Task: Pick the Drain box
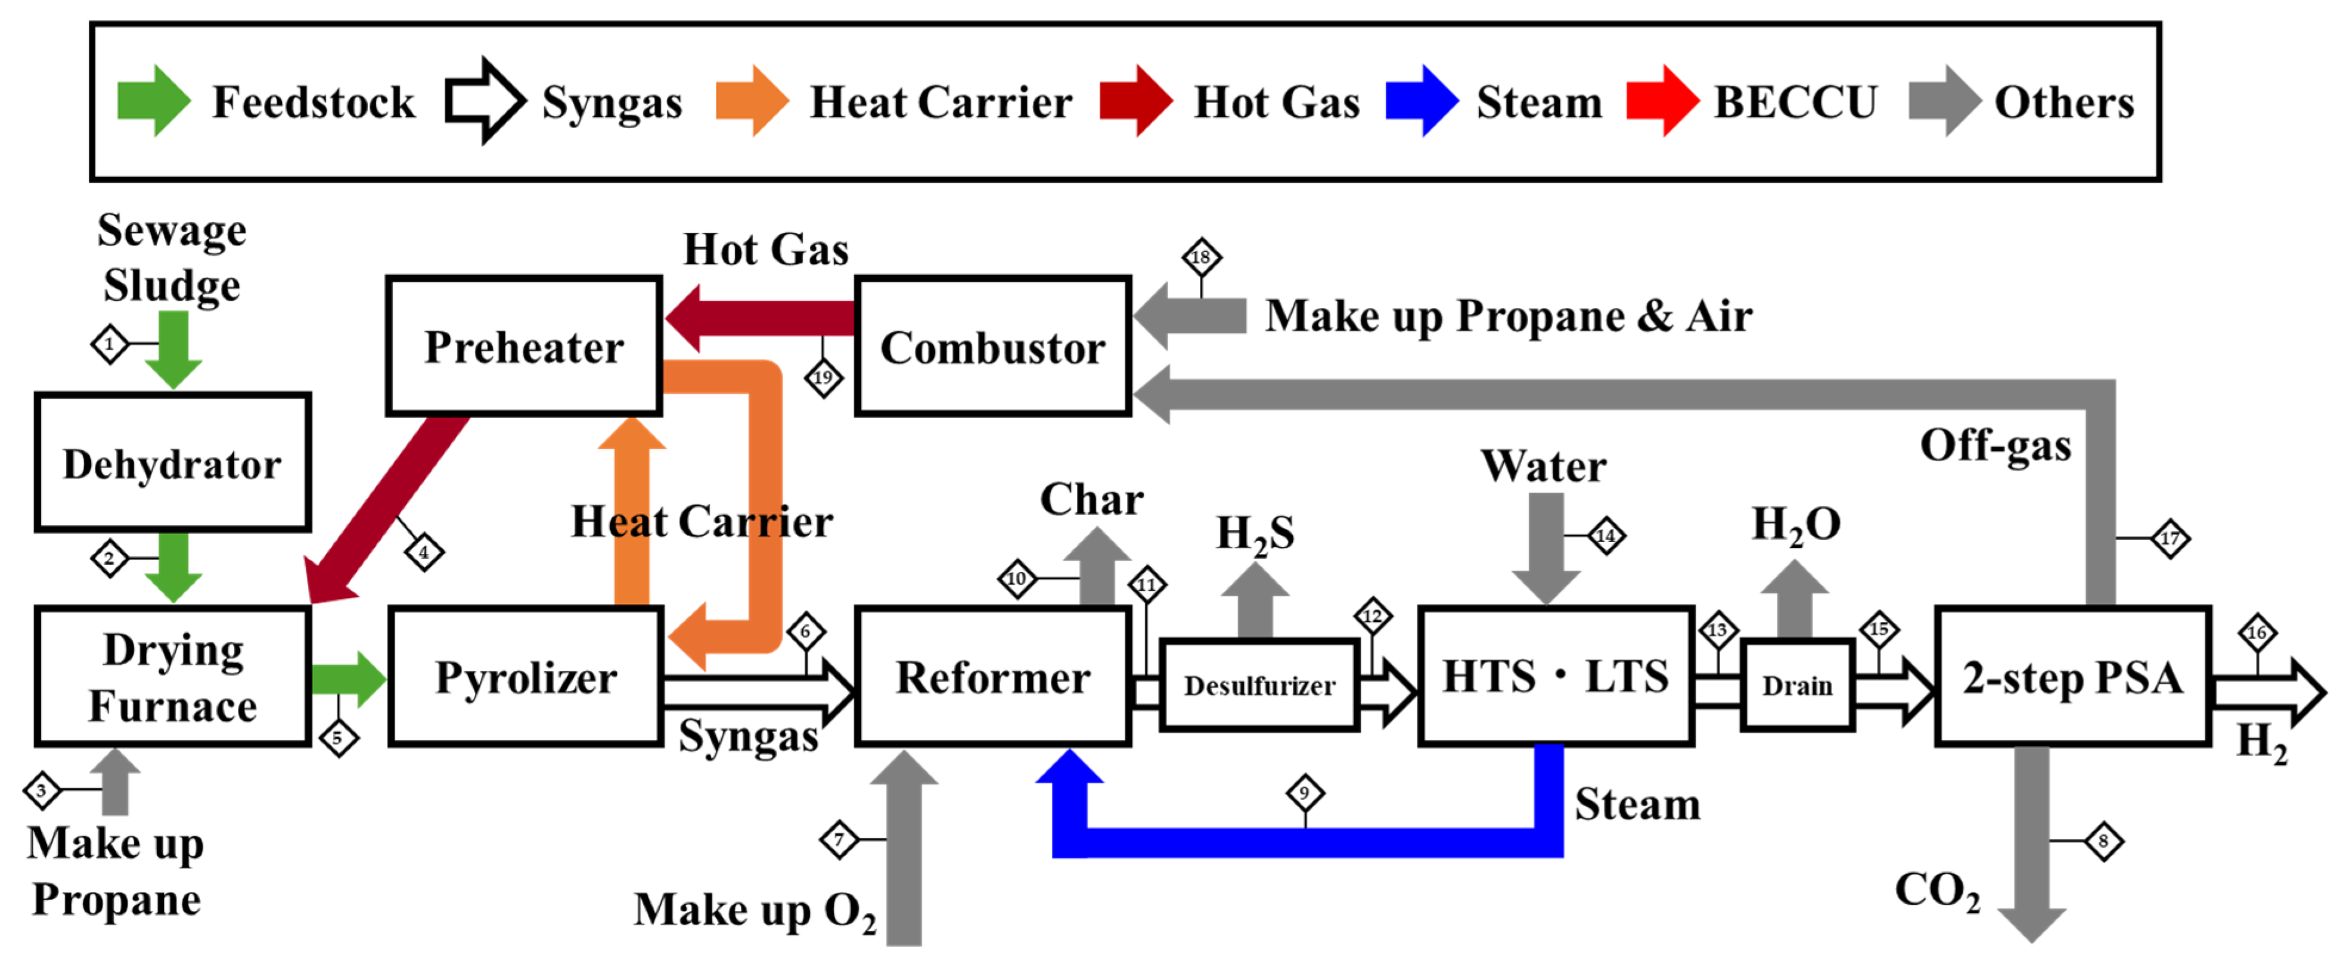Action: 1796,684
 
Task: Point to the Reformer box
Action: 992,677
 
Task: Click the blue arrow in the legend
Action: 1421,101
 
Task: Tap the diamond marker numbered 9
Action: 1304,793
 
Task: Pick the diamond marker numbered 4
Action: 424,552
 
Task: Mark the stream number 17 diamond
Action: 2170,539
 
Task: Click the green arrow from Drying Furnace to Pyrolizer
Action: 347,679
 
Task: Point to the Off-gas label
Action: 1995,446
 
